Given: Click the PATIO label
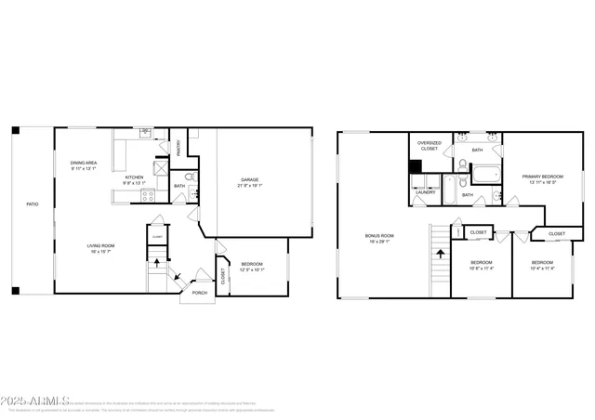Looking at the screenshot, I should click(32, 203).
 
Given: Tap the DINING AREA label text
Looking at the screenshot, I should click(84, 164).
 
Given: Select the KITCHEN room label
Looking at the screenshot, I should click(136, 177).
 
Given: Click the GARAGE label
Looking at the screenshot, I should click(249, 179).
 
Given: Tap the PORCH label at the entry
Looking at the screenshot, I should click(199, 293).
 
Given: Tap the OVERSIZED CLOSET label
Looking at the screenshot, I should click(429, 146).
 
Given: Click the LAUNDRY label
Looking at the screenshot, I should click(426, 192).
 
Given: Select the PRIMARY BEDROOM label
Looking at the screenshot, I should click(543, 177).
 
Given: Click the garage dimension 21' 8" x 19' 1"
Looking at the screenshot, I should click(249, 186).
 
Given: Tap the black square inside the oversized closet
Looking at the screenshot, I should click(416, 169).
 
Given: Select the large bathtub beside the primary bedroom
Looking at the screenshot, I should click(484, 173).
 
